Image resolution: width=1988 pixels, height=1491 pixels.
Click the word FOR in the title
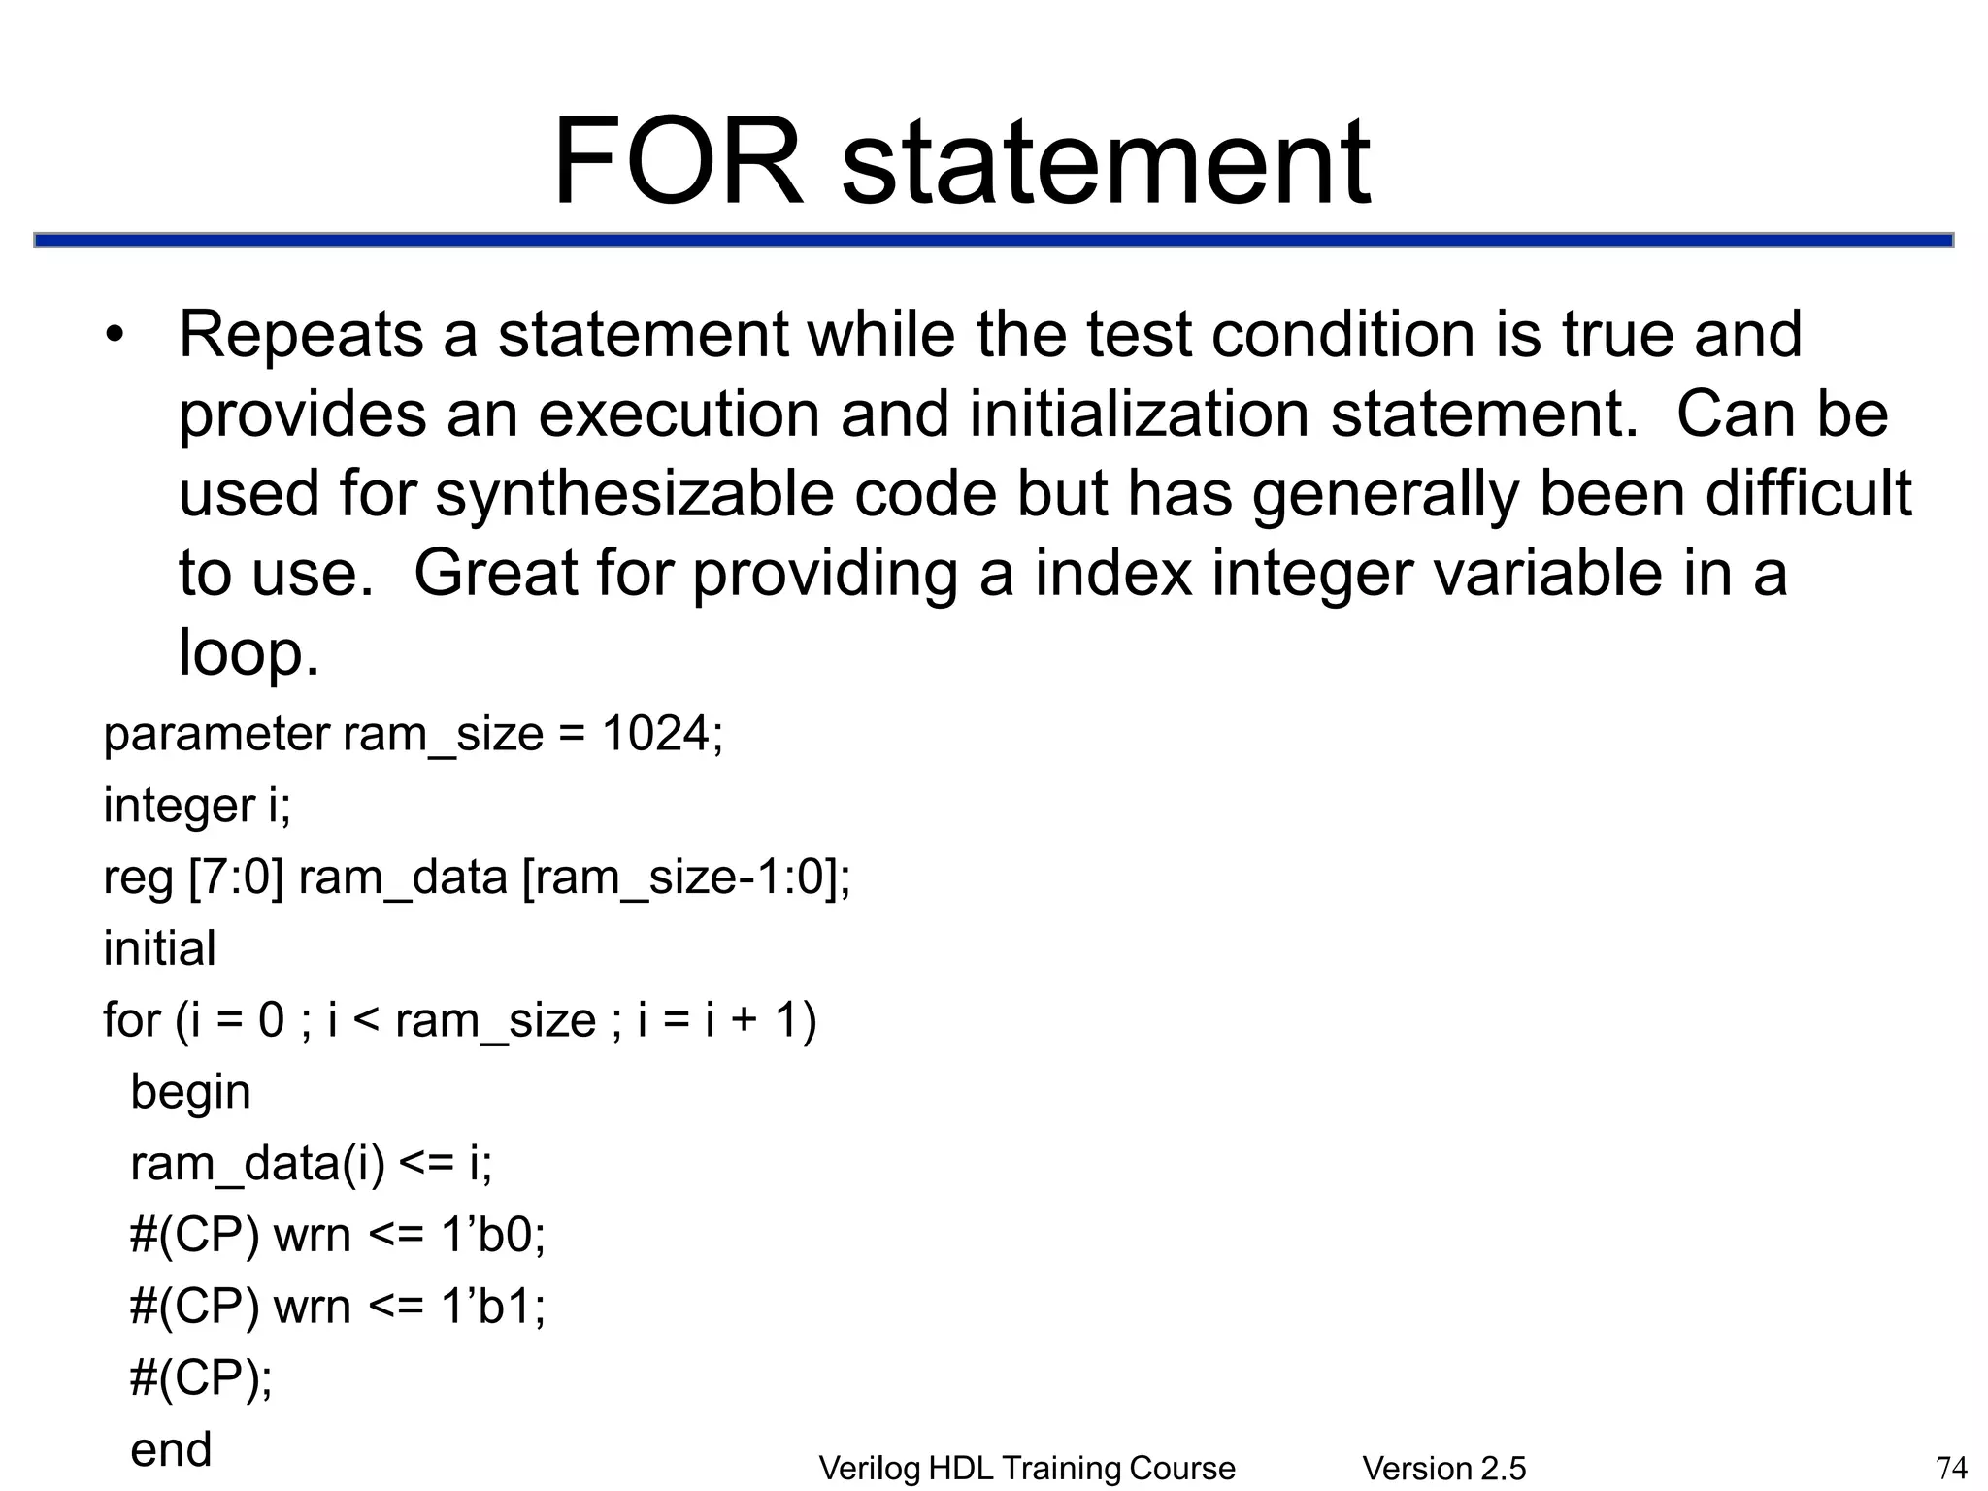coord(678,162)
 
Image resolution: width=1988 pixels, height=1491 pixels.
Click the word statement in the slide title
coord(1107,162)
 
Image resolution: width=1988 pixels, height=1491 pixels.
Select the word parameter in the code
coord(216,735)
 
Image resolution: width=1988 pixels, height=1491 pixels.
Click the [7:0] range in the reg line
coord(236,878)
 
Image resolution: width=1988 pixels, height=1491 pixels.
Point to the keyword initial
coord(160,948)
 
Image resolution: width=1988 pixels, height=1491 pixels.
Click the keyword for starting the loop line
coord(131,1020)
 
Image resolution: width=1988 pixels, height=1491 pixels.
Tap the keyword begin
coord(191,1092)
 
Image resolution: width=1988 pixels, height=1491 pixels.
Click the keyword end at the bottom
coord(171,1449)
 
